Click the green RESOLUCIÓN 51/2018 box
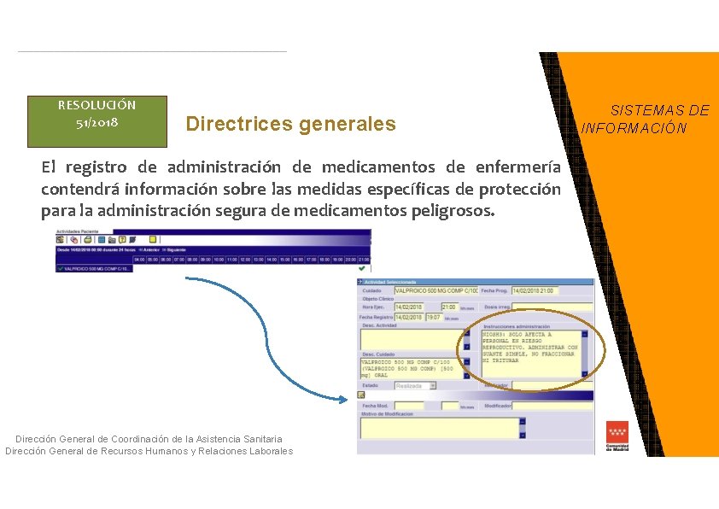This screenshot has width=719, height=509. pos(96,120)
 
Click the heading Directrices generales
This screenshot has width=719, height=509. pos(291,125)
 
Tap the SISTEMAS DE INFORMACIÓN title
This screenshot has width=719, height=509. pos(646,120)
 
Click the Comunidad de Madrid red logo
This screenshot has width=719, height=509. pos(617,436)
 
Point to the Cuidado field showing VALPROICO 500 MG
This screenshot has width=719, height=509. pos(435,291)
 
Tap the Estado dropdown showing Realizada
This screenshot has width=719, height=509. pos(415,386)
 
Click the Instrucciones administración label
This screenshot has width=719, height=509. pos(517,326)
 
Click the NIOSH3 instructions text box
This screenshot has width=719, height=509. pos(530,354)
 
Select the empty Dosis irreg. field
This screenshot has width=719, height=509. pos(552,307)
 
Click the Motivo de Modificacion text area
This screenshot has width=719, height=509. pos(439,427)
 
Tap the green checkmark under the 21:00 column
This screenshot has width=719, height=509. pos(362,267)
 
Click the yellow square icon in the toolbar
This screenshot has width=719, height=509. pos(153,239)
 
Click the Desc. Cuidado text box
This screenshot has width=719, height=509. pos(410,368)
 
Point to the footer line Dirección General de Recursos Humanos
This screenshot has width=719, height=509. pos(149,452)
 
